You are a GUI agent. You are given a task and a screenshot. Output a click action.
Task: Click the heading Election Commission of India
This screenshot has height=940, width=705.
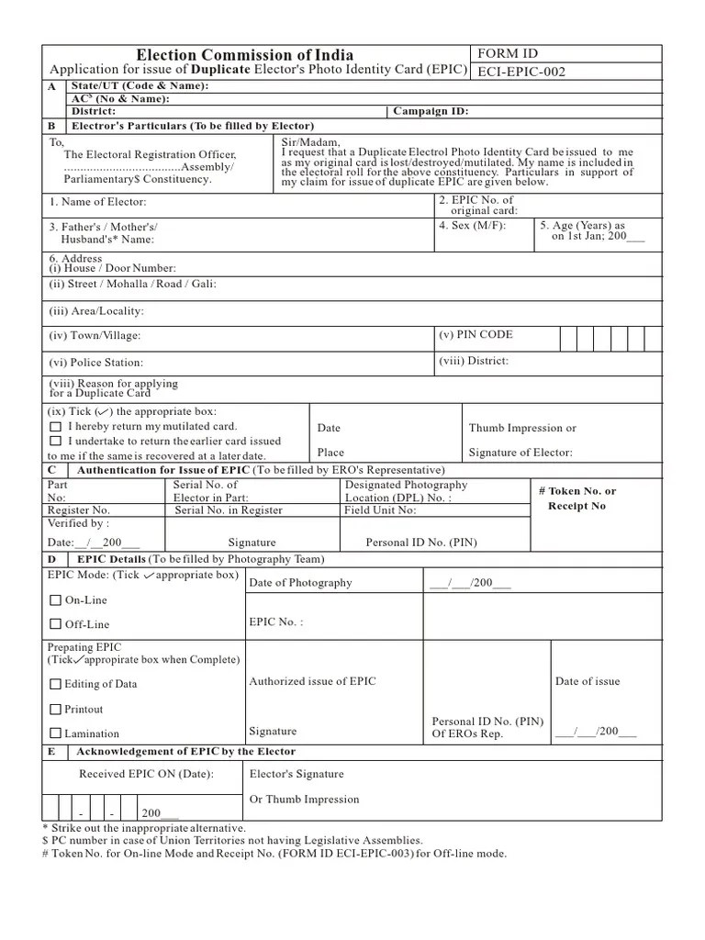coord(244,55)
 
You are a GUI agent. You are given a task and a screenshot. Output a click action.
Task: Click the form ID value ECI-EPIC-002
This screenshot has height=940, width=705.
coord(520,73)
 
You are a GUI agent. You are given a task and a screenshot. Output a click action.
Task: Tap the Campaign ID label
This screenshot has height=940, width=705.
coord(431,111)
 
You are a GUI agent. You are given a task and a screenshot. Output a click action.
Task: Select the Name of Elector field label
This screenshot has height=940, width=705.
coord(97,202)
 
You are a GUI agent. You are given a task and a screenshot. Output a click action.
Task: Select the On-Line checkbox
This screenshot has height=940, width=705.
coord(55,600)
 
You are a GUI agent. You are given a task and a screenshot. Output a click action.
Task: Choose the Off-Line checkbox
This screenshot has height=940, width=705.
coord(55,625)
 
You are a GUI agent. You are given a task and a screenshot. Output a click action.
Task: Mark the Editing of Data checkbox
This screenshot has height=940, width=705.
coord(55,684)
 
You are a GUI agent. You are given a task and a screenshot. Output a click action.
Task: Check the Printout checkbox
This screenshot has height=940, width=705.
coord(55,710)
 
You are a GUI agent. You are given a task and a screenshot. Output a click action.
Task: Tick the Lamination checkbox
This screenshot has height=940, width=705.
coord(55,733)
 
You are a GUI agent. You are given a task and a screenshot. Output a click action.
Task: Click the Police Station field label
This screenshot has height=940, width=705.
coord(96,363)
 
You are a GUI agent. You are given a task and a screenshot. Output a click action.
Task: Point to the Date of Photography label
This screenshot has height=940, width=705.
coord(300,583)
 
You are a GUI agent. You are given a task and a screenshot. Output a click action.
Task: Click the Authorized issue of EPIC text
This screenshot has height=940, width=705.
coord(312,681)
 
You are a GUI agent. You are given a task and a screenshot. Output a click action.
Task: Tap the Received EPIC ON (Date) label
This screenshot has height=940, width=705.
coord(146,774)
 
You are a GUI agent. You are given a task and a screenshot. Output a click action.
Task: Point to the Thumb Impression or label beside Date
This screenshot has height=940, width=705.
coord(522,428)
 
